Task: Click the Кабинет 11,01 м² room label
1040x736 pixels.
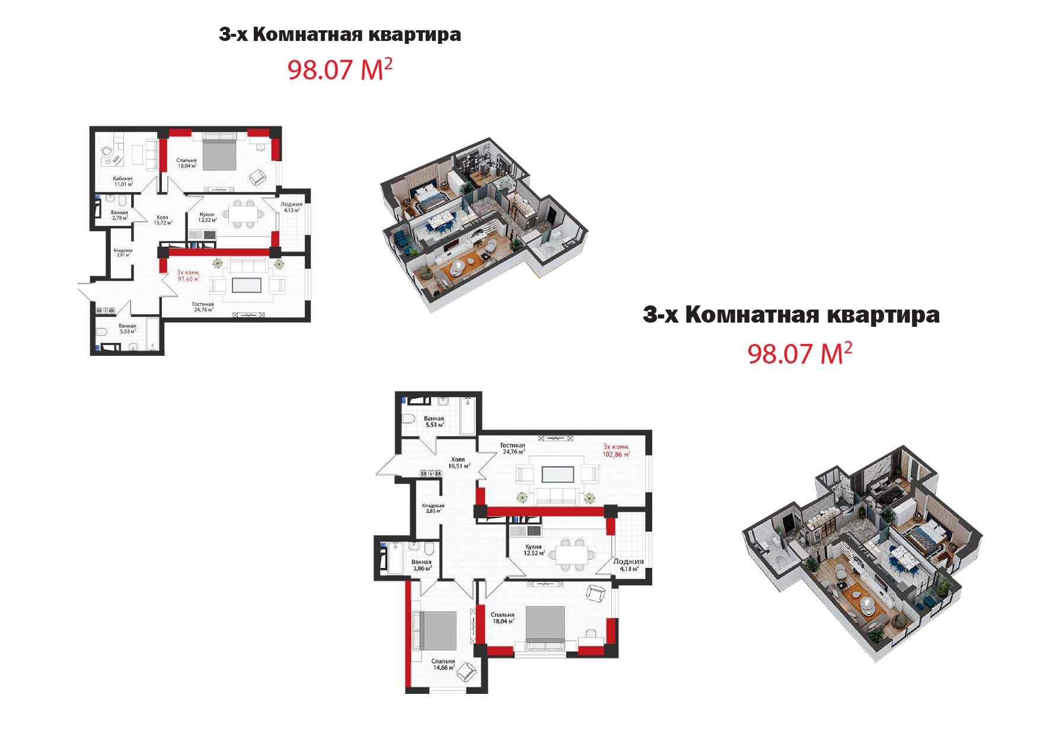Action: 123,181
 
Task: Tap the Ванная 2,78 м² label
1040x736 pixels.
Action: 119,215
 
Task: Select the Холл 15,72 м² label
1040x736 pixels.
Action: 162,220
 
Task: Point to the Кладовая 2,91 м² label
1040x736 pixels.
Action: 123,253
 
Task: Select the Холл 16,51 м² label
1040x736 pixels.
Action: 458,463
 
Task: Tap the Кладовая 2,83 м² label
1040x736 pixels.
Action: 433,508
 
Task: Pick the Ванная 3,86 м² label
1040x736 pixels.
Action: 422,565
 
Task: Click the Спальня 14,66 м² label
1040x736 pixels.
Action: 443,664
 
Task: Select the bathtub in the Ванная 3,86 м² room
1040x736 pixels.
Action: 395,558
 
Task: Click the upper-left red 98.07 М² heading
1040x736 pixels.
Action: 340,70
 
